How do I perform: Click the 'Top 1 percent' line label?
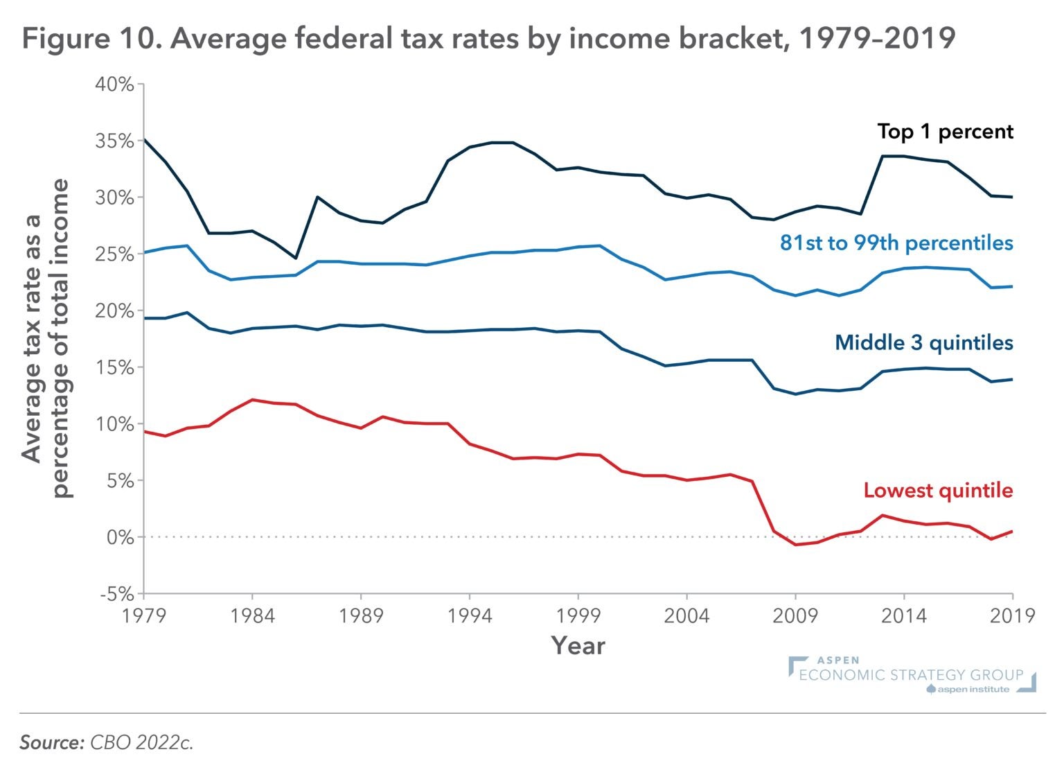click(x=945, y=132)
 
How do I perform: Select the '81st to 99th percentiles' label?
click(x=896, y=243)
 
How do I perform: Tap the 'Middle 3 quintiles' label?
click(x=923, y=342)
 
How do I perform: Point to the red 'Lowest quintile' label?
click(x=938, y=491)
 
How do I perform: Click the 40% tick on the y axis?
click(x=114, y=85)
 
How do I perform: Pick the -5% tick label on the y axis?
click(x=116, y=594)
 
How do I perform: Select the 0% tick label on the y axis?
click(x=119, y=537)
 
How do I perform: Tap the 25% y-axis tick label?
click(x=114, y=254)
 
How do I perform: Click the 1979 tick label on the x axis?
click(x=144, y=615)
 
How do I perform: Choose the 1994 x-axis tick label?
click(x=470, y=615)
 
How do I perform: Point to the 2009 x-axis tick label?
click(x=795, y=615)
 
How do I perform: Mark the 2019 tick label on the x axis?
click(x=1012, y=615)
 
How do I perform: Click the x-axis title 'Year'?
click(x=578, y=646)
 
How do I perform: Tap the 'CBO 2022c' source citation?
click(x=141, y=742)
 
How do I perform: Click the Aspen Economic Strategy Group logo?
click(x=912, y=674)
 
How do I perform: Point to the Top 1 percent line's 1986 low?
click(x=296, y=258)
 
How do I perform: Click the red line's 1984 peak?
click(x=252, y=400)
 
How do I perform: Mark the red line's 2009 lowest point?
click(x=795, y=545)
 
